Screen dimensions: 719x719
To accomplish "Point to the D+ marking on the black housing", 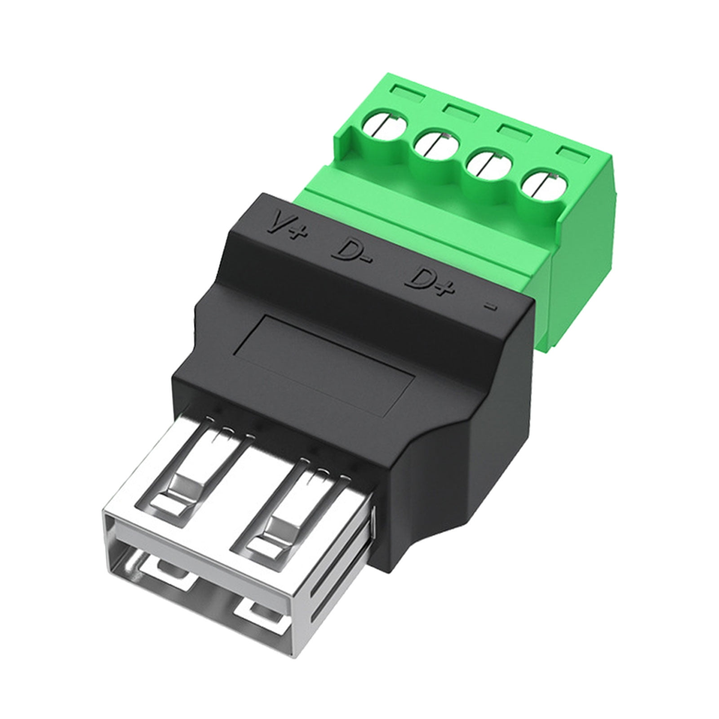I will coord(428,283).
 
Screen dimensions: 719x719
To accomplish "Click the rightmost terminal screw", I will coord(541,184).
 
